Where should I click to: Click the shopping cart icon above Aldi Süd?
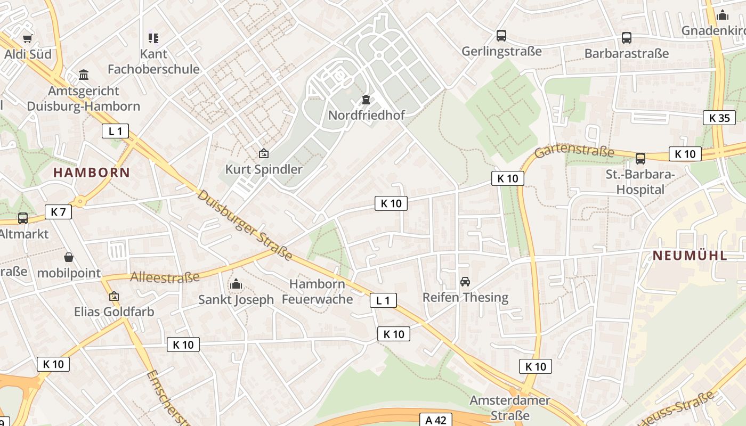click(27, 38)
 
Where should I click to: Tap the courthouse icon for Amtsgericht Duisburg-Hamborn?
click(84, 75)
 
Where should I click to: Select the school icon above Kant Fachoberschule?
click(153, 38)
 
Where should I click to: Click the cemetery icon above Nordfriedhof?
click(366, 100)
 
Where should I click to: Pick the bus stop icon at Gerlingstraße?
click(501, 36)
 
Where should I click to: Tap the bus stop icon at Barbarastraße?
click(626, 38)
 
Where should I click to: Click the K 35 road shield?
click(719, 118)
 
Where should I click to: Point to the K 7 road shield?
click(58, 212)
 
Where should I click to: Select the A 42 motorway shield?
click(435, 420)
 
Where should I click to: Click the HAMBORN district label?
click(92, 173)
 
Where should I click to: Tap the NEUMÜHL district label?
click(690, 255)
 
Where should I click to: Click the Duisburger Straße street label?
click(245, 225)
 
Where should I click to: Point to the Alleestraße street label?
click(165, 277)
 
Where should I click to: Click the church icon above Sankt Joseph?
click(236, 284)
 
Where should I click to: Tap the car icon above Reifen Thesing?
click(465, 282)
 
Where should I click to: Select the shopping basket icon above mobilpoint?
click(69, 258)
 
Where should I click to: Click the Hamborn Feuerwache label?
click(317, 292)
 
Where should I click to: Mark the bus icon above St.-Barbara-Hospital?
click(640, 159)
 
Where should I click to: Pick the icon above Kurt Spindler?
click(263, 154)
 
